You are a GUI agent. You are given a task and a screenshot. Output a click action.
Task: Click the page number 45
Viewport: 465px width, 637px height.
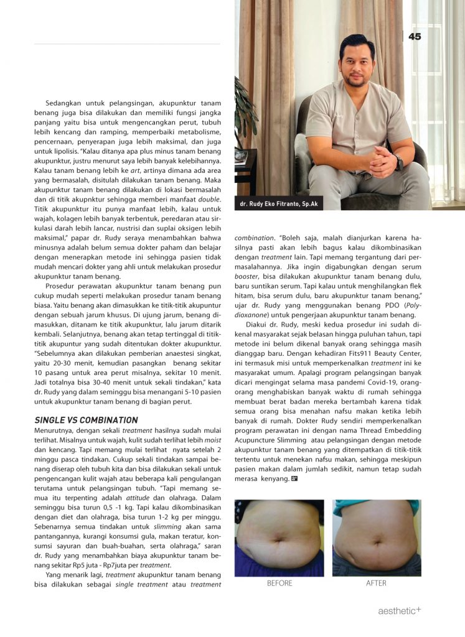(415, 37)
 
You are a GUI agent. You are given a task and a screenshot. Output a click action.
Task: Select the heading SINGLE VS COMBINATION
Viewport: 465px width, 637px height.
(86, 420)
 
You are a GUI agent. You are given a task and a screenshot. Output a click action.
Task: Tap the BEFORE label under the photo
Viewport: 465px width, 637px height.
(279, 584)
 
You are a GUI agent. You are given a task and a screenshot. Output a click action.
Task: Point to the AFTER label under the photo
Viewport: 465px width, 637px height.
(376, 584)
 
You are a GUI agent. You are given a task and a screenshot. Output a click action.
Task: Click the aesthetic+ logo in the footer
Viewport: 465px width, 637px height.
(400, 611)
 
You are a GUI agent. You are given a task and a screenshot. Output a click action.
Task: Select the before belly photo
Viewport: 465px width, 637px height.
(279, 537)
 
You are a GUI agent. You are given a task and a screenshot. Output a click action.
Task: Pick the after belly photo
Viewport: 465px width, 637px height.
(376, 537)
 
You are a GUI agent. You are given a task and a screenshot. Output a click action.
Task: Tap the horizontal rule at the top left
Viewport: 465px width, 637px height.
(127, 44)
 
